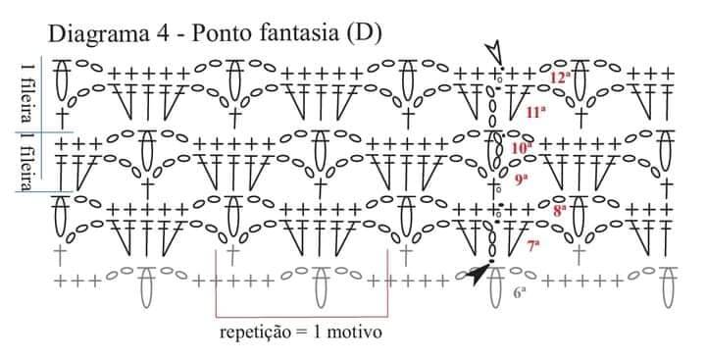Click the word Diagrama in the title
pos(98,34)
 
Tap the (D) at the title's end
pos(364,33)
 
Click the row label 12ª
pos(560,77)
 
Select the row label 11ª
pos(536,112)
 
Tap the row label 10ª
pos(522,147)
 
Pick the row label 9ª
pos(521,180)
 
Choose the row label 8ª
pos(559,211)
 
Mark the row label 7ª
pos(533,245)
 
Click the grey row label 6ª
pos(520,293)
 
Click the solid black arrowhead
pos(477,274)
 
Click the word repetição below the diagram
pos(256,333)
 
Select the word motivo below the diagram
pos(354,333)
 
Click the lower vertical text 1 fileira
pos(27,162)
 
